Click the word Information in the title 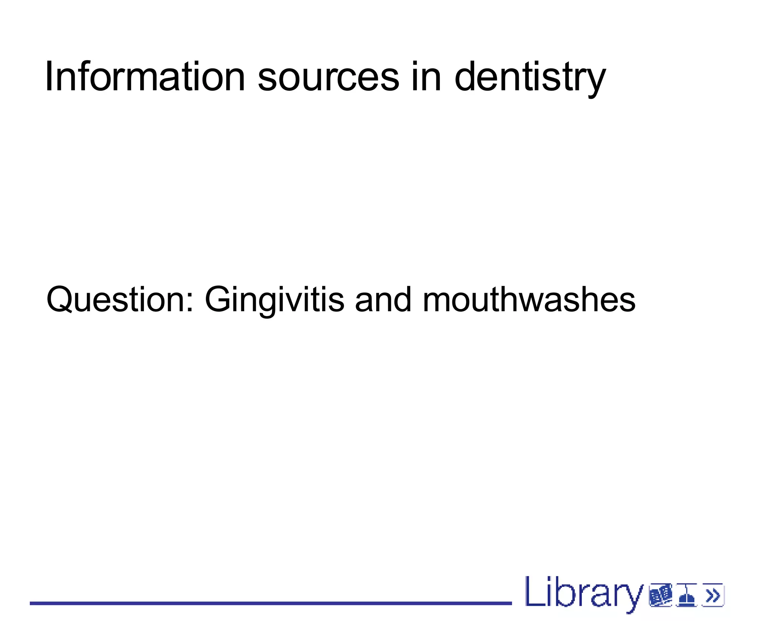point(145,77)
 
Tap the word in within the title point(426,77)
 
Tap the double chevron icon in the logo point(713,596)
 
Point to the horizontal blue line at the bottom point(271,604)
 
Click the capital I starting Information point(48,77)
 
